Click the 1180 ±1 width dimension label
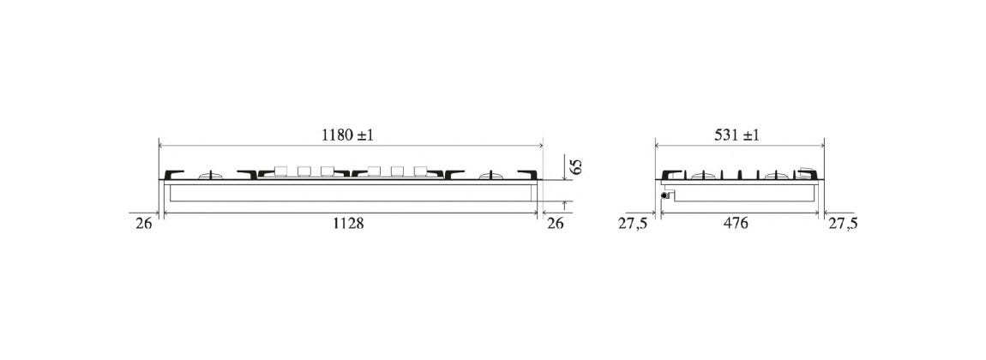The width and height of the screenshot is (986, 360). tap(347, 135)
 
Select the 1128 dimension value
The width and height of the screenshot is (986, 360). tap(348, 223)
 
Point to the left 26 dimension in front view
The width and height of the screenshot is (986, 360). tap(144, 223)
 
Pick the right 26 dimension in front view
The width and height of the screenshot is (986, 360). tap(556, 223)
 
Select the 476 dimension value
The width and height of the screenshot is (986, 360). tap(736, 223)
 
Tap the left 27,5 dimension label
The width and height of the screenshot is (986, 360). tap(633, 224)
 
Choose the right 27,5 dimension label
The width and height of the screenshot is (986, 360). tap(843, 224)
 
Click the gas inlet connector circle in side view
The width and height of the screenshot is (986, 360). tap(664, 196)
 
